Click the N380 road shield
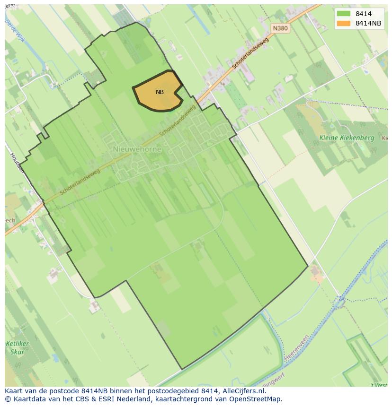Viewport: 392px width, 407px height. coord(280,28)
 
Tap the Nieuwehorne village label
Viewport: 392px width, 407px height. coord(137,149)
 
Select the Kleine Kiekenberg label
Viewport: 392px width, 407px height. coord(347,138)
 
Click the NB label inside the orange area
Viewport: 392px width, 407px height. coord(160,92)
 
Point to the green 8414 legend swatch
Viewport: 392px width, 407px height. coord(344,14)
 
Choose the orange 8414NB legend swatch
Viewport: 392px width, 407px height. coord(344,23)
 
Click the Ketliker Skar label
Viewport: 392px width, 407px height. coord(18,347)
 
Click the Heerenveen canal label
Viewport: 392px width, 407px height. coord(297,347)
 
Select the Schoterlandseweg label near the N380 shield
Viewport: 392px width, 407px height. coord(250,54)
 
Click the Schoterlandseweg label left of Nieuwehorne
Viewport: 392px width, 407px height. coord(80,183)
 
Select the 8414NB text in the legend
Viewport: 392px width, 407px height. coord(368,23)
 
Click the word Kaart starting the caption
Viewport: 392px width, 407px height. coord(14,391)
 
